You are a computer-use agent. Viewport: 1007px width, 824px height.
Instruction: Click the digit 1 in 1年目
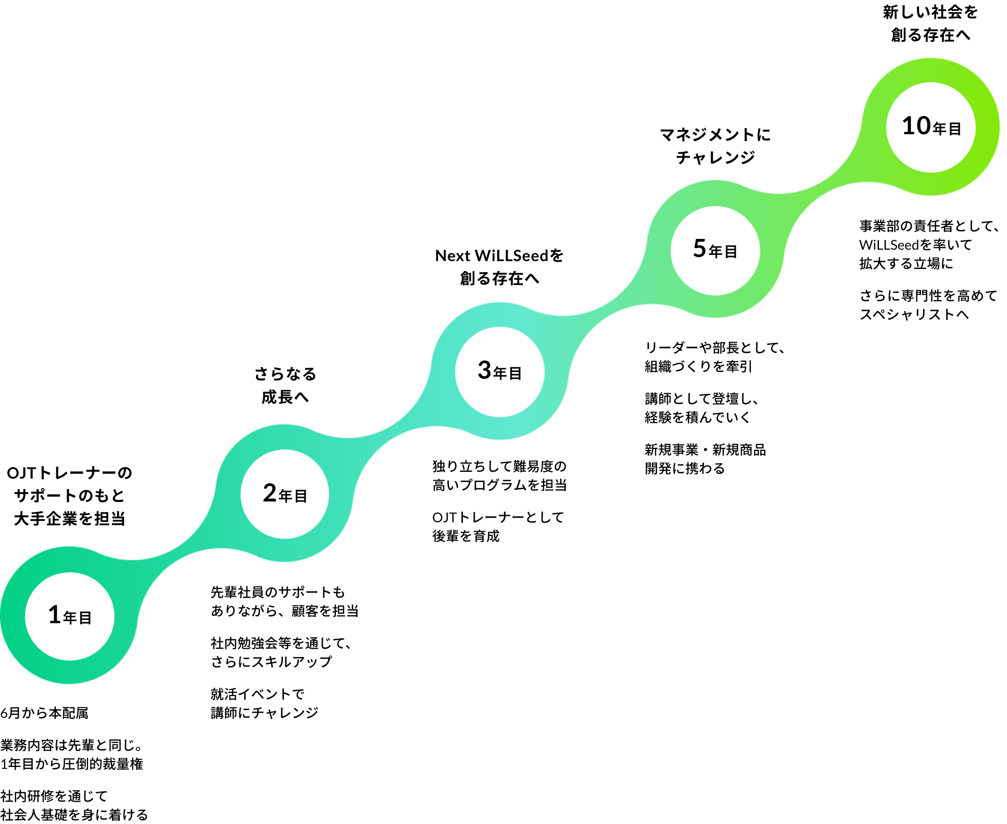(54, 615)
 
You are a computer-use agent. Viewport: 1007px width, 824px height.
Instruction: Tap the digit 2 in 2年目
(270, 493)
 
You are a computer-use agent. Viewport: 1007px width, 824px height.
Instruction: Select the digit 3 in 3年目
(484, 370)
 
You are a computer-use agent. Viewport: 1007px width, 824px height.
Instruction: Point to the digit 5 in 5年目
(699, 248)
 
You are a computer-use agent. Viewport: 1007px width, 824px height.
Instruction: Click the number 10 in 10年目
(916, 126)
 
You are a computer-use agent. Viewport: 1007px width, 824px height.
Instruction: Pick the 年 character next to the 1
(70, 617)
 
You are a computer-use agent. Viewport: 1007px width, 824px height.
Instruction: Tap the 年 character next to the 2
(285, 496)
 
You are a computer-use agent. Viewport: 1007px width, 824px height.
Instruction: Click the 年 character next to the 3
(500, 373)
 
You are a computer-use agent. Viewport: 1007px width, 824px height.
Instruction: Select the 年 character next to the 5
(715, 252)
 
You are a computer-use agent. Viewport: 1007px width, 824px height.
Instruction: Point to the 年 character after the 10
(939, 128)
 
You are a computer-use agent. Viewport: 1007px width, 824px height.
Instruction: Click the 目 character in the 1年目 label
(85, 617)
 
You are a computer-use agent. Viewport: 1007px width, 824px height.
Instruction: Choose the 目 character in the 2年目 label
(301, 496)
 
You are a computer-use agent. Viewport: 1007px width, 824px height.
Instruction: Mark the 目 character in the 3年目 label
(515, 373)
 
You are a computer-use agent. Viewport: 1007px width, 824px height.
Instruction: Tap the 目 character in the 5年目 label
(731, 252)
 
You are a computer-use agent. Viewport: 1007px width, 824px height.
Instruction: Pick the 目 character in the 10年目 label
(955, 128)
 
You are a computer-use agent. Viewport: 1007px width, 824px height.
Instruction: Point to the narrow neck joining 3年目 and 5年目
(607, 310)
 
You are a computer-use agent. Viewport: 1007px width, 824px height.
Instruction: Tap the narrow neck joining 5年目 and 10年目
(823, 188)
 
